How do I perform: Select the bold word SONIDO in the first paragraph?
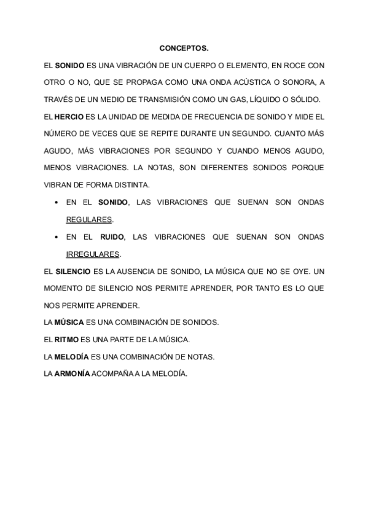pos(69,65)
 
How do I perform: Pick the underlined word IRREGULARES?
pos(93,254)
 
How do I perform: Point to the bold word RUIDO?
pos(112,237)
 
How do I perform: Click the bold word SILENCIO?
pos(72,271)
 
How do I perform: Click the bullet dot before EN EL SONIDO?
pos(57,202)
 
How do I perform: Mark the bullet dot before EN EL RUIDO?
pos(57,237)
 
